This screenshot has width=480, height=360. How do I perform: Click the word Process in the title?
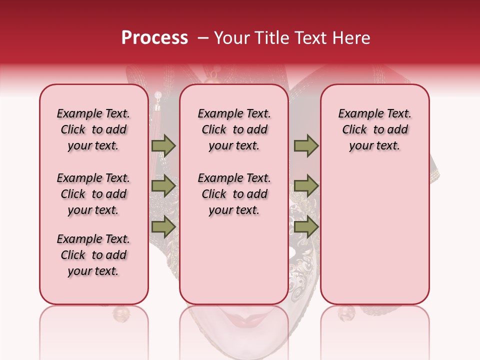pyautogui.click(x=154, y=38)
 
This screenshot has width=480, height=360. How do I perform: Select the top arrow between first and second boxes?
pyautogui.click(x=163, y=145)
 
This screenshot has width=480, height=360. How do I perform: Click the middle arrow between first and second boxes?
pyautogui.click(x=163, y=186)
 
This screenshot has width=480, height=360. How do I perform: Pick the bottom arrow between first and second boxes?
pyautogui.click(x=163, y=226)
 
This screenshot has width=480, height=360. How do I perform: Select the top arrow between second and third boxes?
pyautogui.click(x=306, y=145)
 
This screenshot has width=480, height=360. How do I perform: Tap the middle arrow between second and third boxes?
pyautogui.click(x=306, y=186)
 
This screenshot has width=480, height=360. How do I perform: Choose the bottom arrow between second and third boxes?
pyautogui.click(x=306, y=226)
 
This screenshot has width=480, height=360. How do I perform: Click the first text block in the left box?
pyautogui.click(x=93, y=129)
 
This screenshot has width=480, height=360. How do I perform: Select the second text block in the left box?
pyautogui.click(x=93, y=194)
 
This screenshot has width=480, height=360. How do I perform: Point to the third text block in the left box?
pyautogui.click(x=93, y=255)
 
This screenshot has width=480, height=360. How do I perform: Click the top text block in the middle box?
pyautogui.click(x=234, y=129)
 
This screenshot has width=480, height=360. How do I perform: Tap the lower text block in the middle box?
pyautogui.click(x=234, y=194)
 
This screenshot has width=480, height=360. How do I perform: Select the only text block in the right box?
pyautogui.click(x=374, y=129)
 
